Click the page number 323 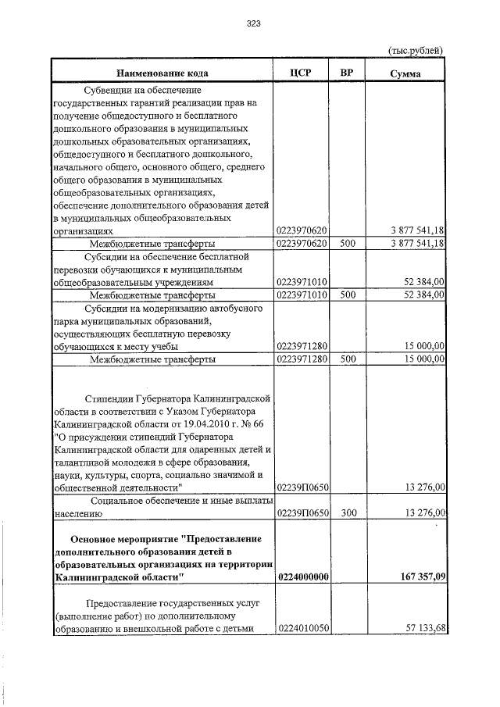coord(252,23)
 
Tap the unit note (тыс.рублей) coord(416,50)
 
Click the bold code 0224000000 coord(302,577)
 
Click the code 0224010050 coord(302,627)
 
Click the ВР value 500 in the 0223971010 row coord(348,295)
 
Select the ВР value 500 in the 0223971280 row coord(348,359)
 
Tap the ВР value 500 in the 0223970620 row coord(348,244)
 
